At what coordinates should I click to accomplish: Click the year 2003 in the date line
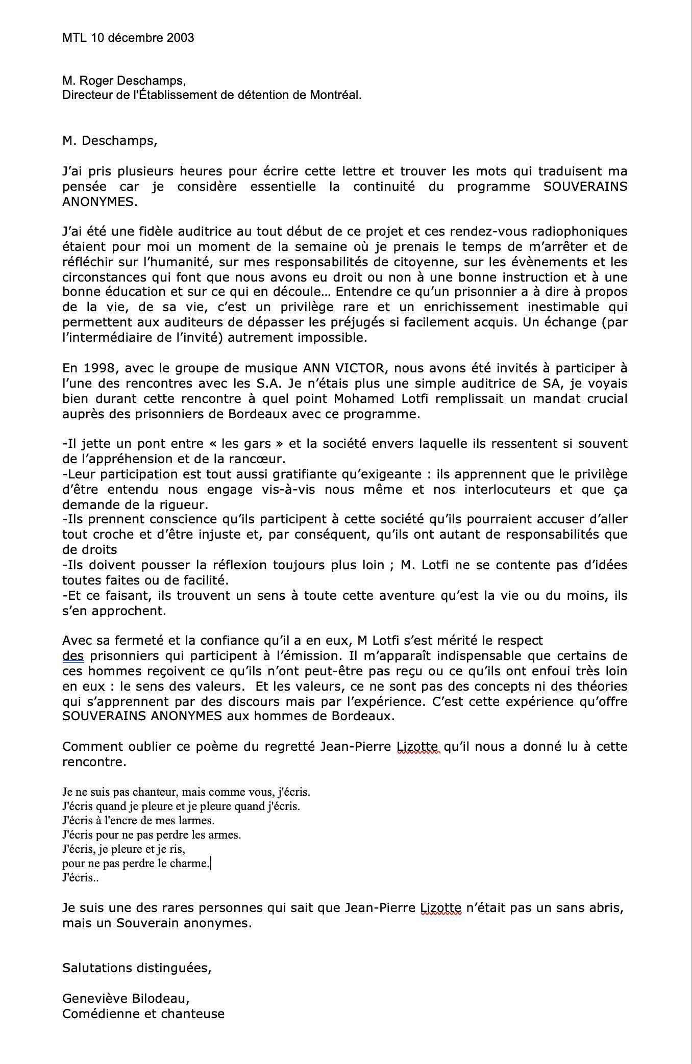pos(180,37)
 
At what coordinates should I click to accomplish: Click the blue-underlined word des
pos(73,655)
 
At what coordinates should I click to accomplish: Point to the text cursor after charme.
pos(211,864)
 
